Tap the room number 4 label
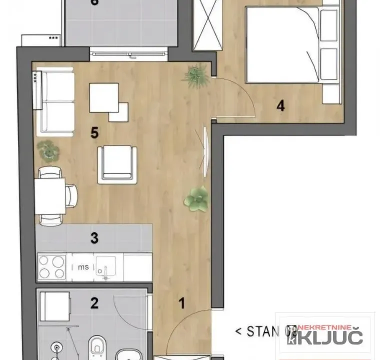coord(280,105)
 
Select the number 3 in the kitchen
coord(94,238)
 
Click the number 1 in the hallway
coord(182,302)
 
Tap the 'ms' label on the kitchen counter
coord(83,267)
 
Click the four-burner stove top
coord(52,267)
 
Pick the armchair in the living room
coord(117,164)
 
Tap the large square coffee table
coord(103,97)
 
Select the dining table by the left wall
coord(50,195)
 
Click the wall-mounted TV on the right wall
coord(204,151)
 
